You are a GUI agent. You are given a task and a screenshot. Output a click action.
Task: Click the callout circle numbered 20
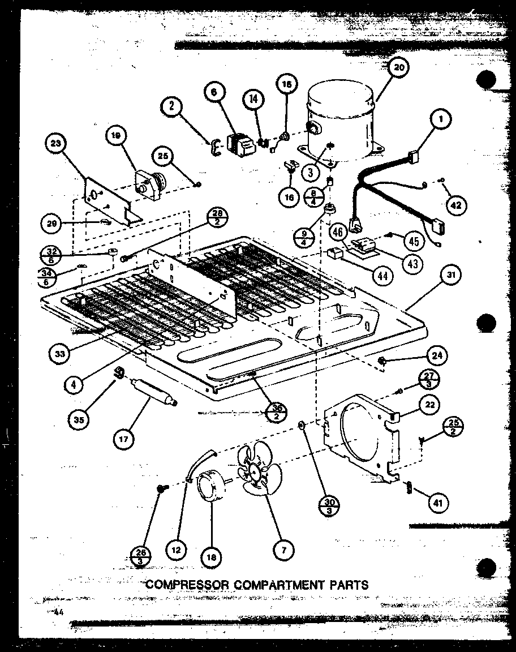[398, 67]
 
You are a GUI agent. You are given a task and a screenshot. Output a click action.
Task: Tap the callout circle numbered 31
[450, 276]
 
